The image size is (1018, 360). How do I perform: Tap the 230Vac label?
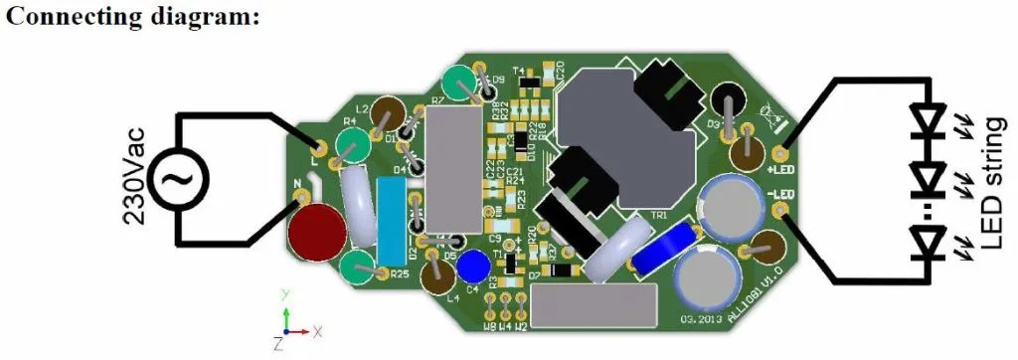coord(135,180)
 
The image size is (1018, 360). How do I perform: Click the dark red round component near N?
coord(317,233)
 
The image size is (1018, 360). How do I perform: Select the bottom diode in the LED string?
coord(930,240)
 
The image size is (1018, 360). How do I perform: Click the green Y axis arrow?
coord(285,310)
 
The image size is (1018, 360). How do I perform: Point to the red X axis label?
coord(317,329)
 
